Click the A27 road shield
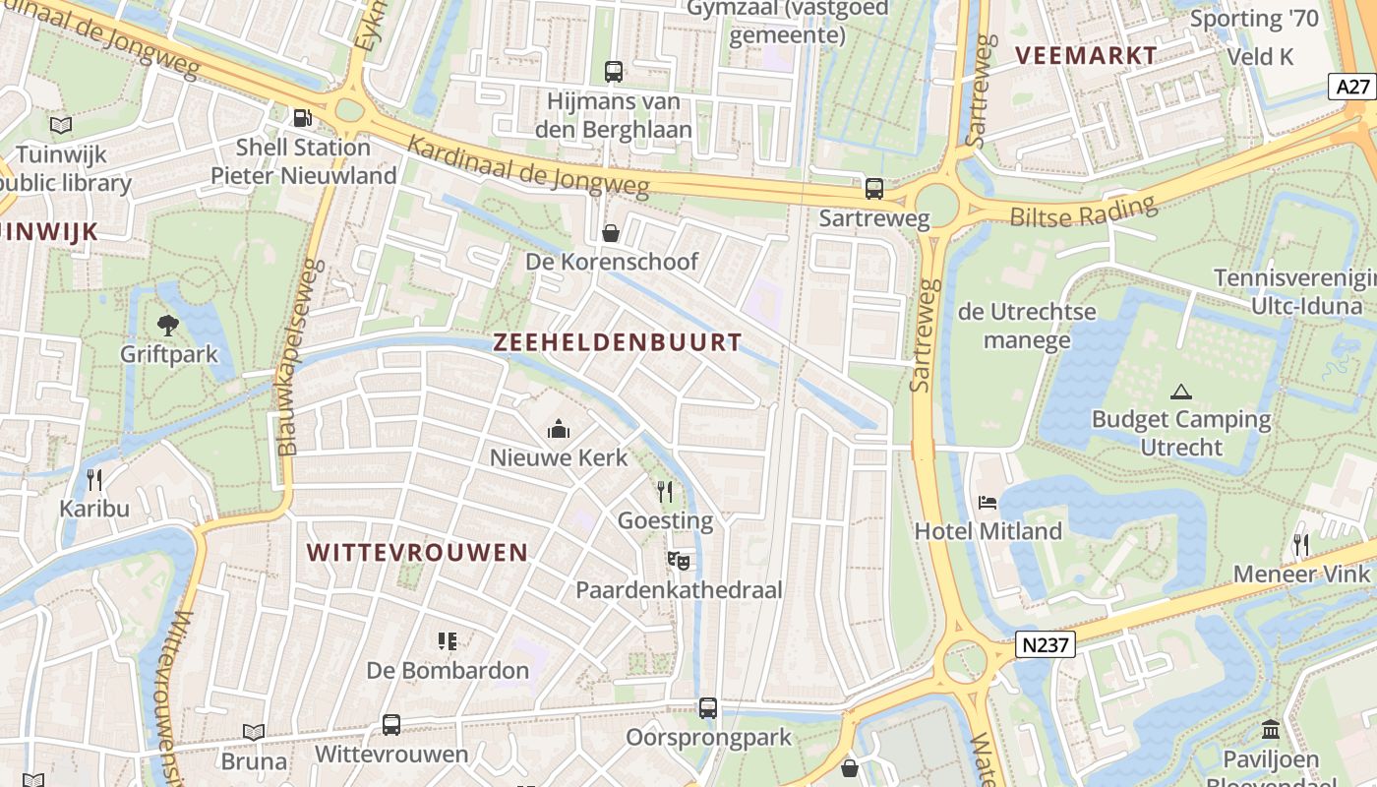point(1353,87)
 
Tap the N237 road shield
point(1046,645)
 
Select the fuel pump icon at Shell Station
point(302,118)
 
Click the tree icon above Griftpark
point(168,325)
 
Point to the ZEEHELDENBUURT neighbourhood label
point(617,342)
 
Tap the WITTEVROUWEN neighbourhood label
point(417,552)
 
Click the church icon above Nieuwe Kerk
point(559,429)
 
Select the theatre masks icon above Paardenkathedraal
point(678,561)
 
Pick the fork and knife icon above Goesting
point(666,491)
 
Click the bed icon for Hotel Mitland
point(988,503)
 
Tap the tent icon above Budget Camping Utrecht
point(1181,392)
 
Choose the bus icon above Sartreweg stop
point(873,189)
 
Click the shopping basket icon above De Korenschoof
point(611,233)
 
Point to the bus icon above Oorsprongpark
point(708,708)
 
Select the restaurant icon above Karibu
point(94,480)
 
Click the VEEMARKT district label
point(1086,55)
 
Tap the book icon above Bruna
point(254,732)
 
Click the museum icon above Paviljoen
point(1270,730)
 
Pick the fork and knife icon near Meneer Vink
point(1301,544)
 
